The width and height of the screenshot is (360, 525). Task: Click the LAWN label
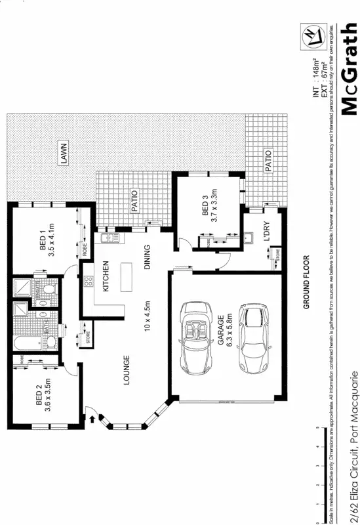tap(64, 154)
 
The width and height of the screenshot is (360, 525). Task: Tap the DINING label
tap(149, 257)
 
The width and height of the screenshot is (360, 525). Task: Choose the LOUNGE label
tap(125, 368)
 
